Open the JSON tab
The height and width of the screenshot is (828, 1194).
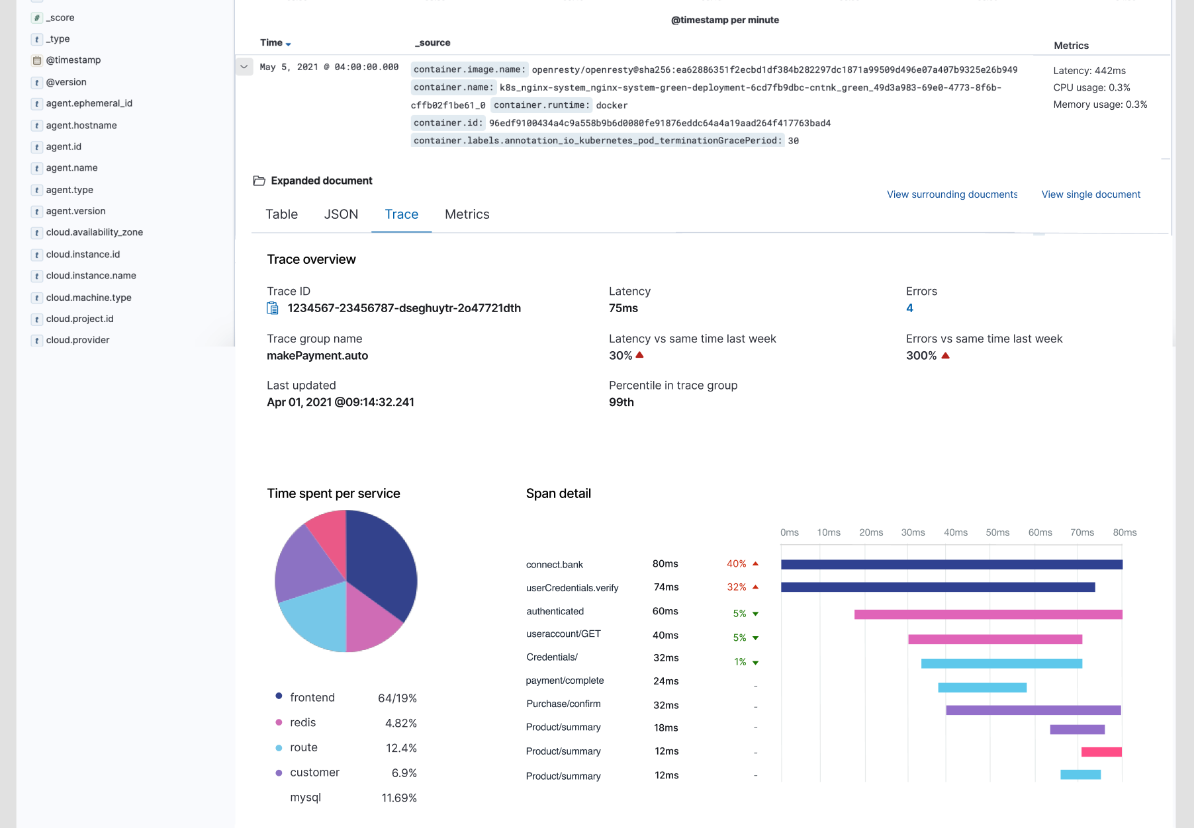tap(341, 214)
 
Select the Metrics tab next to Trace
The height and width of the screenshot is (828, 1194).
tap(467, 214)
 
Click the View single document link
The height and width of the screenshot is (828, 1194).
tap(1091, 194)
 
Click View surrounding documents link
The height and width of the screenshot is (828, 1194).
tap(952, 194)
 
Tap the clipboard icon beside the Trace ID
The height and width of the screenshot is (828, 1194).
tap(272, 308)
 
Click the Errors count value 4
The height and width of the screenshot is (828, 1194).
tap(909, 308)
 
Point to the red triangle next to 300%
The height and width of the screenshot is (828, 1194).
tap(945, 356)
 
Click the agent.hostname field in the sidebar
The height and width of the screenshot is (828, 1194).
tap(81, 126)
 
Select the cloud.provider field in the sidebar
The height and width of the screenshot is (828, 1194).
tap(77, 340)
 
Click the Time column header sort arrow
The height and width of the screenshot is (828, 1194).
tap(288, 44)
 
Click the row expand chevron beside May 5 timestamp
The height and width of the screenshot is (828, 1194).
tap(244, 67)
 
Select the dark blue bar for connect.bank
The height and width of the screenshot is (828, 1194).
tap(951, 564)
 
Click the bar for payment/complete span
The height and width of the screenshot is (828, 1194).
tap(982, 688)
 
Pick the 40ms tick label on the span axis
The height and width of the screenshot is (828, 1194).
tap(955, 532)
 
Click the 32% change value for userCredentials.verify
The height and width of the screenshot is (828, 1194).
tap(736, 587)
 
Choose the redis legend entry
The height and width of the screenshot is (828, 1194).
tap(302, 723)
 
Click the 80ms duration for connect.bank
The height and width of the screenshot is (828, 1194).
tap(665, 564)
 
